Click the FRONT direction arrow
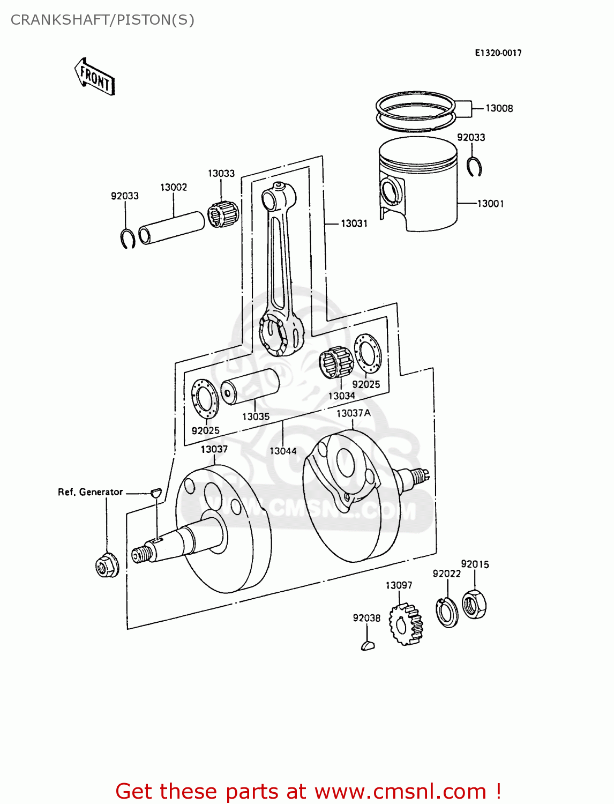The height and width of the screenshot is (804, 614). click(95, 77)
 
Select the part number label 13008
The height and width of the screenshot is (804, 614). click(499, 108)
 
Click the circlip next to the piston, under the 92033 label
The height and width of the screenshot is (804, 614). click(474, 167)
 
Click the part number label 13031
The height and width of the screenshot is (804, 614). click(354, 224)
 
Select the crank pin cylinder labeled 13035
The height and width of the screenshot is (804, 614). click(250, 386)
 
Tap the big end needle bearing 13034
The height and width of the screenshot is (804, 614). click(336, 362)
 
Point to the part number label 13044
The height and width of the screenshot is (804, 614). click(283, 451)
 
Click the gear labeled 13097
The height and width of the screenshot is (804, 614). click(406, 623)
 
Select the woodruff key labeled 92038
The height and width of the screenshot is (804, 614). click(368, 645)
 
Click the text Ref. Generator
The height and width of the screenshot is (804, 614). click(91, 492)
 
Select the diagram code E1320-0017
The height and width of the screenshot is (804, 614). click(498, 53)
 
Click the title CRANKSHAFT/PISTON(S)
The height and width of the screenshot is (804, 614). click(102, 20)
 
